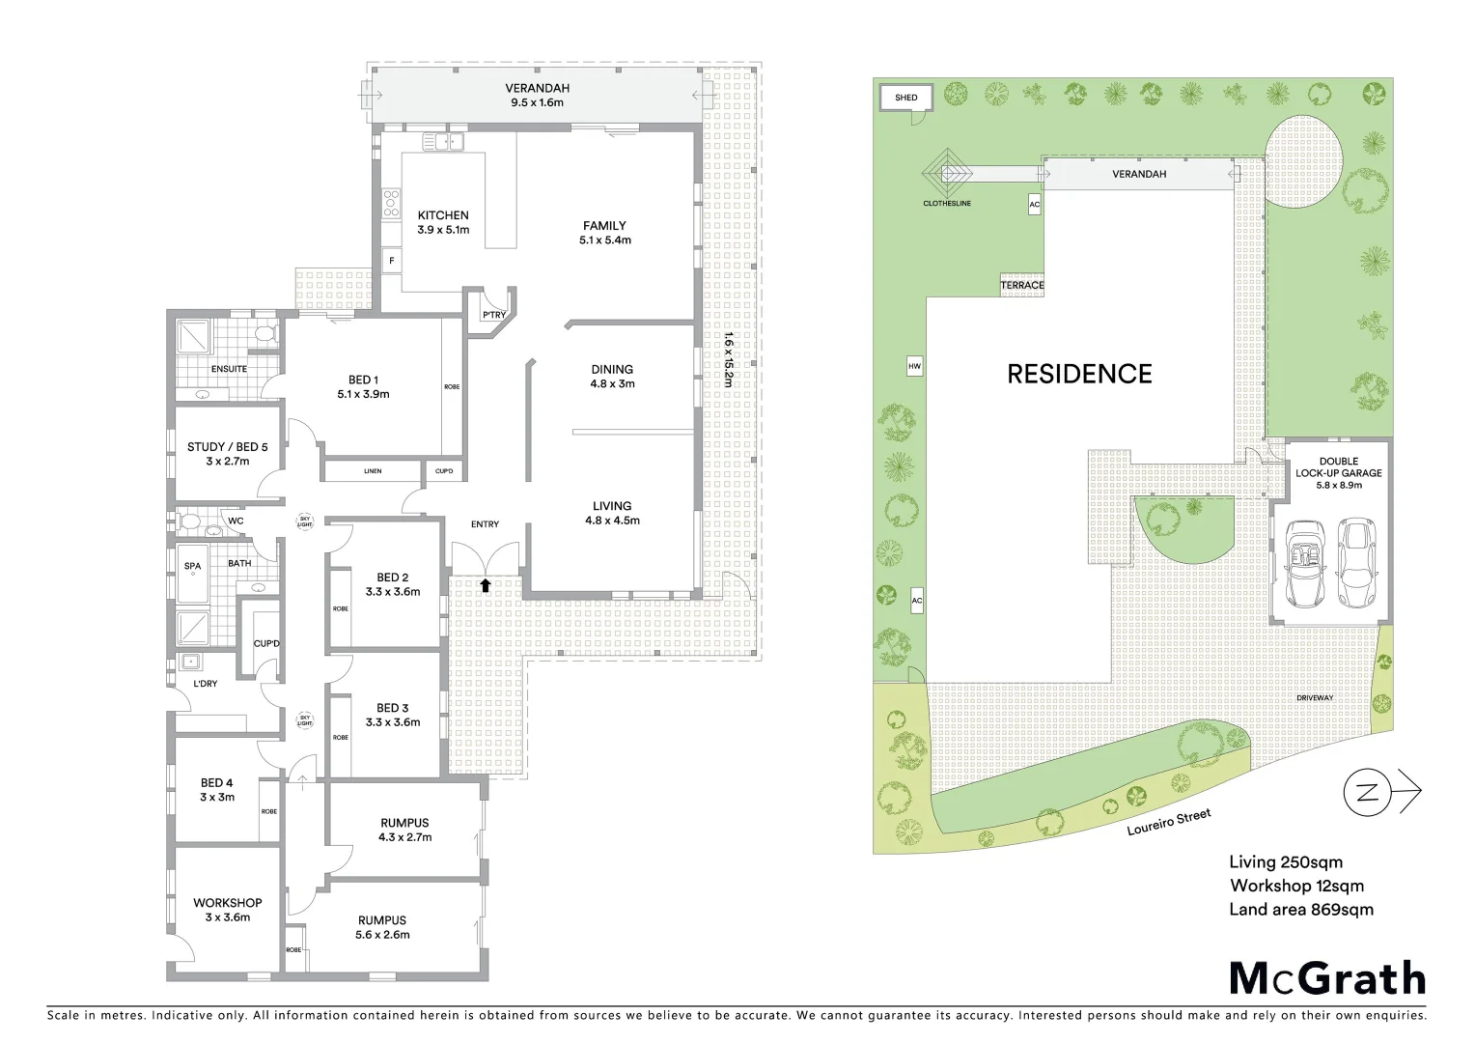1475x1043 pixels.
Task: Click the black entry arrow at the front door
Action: point(486,584)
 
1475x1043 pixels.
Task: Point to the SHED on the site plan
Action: point(905,98)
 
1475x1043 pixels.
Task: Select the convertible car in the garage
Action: point(1306,565)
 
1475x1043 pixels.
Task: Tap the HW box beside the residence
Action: point(914,367)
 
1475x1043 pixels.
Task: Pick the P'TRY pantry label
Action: point(493,316)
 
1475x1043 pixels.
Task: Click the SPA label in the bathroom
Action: point(193,566)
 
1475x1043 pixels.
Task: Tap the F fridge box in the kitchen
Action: point(392,261)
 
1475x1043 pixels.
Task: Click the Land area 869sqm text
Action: point(1300,909)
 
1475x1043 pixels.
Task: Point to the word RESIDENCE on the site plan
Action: point(1079,374)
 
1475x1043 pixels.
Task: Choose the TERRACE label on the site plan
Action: point(1022,286)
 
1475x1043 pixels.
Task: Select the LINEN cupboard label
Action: point(373,471)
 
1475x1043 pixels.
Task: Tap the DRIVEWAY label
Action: point(1314,697)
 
